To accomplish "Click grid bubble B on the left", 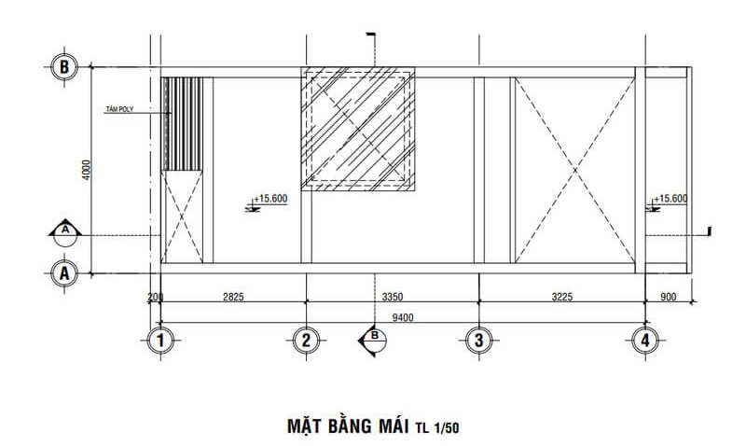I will point(63,67).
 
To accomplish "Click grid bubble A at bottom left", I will point(63,272).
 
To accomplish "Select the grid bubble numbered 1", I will point(162,341).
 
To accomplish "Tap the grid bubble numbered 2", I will point(306,341).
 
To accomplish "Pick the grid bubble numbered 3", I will point(478,341).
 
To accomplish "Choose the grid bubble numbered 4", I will point(644,341).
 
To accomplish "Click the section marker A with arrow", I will point(65,230).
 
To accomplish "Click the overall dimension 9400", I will point(403,317).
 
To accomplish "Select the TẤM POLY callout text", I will point(120,109).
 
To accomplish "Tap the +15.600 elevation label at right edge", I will point(670,199).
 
